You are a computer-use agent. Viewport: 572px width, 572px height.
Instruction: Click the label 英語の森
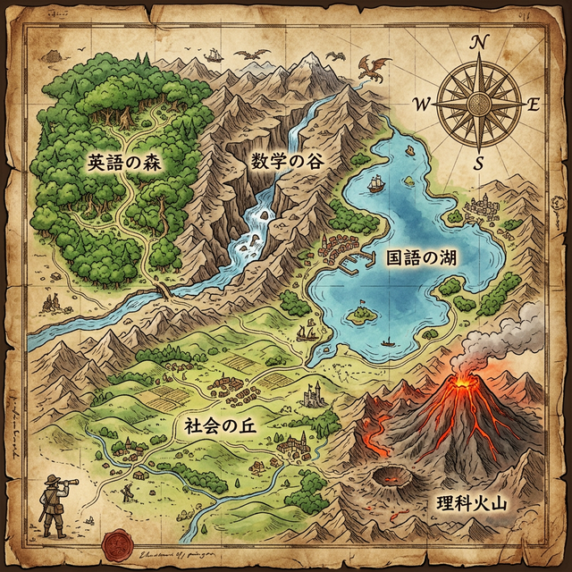point(122,163)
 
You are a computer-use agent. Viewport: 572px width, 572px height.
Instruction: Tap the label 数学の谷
point(285,162)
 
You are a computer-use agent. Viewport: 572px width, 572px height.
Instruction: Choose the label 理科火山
point(470,502)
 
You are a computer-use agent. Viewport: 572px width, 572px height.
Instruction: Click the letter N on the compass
point(479,42)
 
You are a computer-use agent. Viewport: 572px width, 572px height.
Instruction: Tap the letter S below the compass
point(479,163)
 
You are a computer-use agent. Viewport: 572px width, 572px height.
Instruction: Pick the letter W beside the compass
point(422,104)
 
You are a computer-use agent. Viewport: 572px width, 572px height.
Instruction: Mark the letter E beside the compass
point(534,104)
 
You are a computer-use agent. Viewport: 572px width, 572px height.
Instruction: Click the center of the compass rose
point(479,104)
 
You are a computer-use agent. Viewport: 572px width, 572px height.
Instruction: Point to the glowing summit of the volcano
point(464,382)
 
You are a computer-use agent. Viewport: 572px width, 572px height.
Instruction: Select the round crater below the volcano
point(391,475)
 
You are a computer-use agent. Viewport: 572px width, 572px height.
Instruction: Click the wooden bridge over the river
point(164,291)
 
